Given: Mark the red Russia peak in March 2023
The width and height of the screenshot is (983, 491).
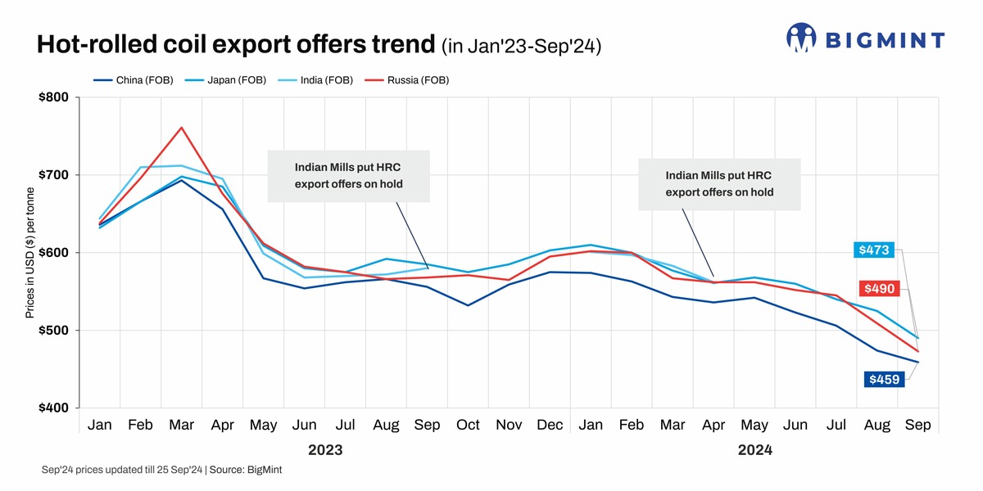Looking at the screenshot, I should [x=181, y=128].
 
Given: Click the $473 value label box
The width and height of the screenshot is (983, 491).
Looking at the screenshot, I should [x=873, y=250].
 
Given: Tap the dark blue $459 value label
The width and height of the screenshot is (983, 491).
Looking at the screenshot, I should [x=884, y=379].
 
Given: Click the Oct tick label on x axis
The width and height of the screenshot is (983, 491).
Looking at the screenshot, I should [x=468, y=426].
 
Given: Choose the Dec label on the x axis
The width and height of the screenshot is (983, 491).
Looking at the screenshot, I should [x=550, y=426].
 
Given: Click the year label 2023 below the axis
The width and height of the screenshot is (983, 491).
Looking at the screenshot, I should [x=324, y=450].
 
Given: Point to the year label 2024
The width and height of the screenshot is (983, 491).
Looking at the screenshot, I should [x=754, y=450].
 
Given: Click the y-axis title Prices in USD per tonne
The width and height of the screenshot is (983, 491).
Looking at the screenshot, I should [x=29, y=253].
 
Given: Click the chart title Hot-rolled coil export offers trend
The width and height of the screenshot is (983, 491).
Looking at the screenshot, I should [x=236, y=45].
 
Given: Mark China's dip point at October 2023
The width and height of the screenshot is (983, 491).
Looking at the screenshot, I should [x=468, y=305].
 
